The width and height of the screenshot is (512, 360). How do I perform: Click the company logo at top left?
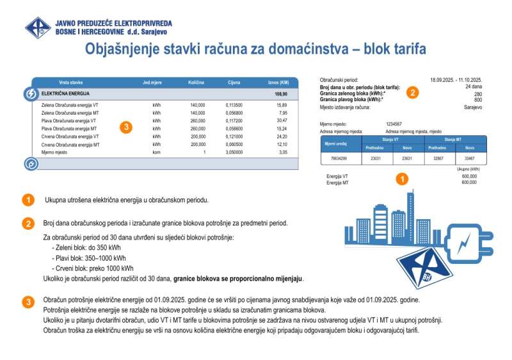(38, 28)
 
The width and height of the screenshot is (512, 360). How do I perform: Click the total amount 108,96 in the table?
(280, 94)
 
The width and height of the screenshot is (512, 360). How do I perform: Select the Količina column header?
(196, 83)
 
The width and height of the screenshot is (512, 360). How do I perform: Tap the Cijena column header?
(234, 83)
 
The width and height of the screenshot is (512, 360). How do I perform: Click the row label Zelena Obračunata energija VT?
(70, 104)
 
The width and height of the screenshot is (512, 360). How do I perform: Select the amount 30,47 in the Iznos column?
(282, 120)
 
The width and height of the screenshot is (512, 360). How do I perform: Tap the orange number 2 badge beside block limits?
(413, 92)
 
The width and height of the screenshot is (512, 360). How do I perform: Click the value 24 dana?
(474, 86)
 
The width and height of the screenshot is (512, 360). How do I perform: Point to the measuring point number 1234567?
(394, 123)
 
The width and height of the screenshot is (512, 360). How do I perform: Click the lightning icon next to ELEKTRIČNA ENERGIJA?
(31, 94)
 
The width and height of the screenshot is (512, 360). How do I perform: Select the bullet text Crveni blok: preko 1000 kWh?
(94, 268)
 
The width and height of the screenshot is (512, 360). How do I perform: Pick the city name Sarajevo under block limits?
(473, 108)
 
